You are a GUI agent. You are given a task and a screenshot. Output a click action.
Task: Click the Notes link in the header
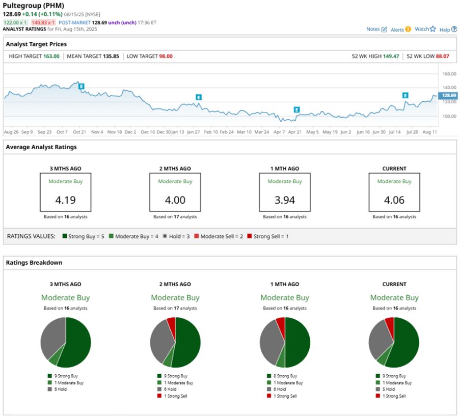click(376, 29)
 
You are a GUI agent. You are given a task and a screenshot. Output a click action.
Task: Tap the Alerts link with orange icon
click(401, 30)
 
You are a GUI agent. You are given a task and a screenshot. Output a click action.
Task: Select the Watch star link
click(425, 29)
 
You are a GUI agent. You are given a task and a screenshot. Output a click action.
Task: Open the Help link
click(448, 30)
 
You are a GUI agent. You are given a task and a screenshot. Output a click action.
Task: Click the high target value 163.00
click(51, 57)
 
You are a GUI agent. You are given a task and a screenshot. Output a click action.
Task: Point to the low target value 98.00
click(166, 57)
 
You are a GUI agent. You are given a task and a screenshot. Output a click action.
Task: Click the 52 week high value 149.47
click(391, 57)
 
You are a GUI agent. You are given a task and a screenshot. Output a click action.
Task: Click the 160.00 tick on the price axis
click(449, 74)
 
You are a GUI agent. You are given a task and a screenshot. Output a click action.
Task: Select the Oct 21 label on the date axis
click(79, 132)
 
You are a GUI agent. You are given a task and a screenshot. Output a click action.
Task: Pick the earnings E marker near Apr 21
click(296, 109)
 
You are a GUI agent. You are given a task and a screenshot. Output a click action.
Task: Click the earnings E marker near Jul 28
click(405, 95)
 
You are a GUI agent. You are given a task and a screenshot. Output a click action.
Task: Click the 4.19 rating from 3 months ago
click(65, 200)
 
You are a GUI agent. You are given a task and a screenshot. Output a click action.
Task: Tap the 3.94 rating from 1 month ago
click(285, 200)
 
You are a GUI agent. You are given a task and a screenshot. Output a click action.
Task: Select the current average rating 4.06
click(394, 200)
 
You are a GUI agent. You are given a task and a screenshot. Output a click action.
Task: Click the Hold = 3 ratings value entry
click(176, 236)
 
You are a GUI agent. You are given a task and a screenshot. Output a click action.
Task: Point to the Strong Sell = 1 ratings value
click(268, 236)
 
